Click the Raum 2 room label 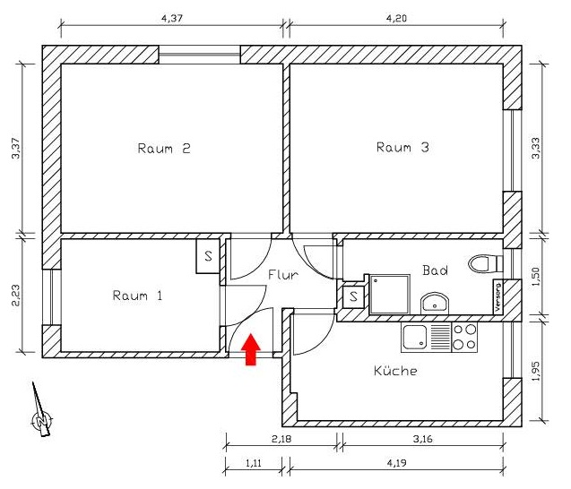(164, 149)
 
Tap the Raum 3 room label (402, 148)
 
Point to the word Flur (282, 275)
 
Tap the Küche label (394, 370)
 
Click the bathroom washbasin (434, 302)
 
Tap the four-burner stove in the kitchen (465, 337)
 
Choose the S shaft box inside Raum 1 (208, 256)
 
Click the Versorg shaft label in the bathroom (499, 296)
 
